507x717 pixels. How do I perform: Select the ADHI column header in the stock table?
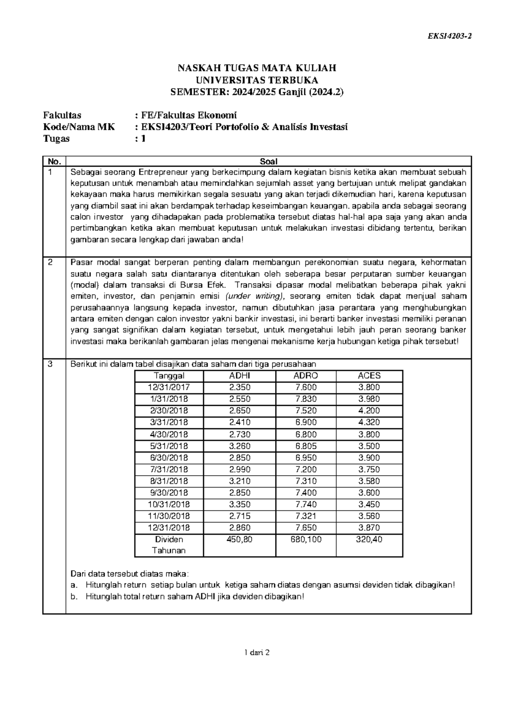click(x=240, y=375)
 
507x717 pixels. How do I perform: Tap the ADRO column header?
click(x=305, y=375)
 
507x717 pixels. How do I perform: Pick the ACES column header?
click(x=369, y=375)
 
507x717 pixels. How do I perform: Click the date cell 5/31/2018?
click(x=169, y=446)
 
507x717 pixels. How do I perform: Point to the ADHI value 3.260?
click(x=240, y=446)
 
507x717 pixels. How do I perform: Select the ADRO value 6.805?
click(x=305, y=446)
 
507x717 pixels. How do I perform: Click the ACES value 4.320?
click(x=369, y=422)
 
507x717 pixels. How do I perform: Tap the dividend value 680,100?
click(x=305, y=539)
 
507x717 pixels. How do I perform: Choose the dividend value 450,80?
click(x=240, y=539)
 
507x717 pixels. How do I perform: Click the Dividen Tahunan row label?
click(x=169, y=545)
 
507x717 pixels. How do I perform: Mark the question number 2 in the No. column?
click(x=50, y=262)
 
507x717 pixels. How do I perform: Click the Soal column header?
click(x=268, y=161)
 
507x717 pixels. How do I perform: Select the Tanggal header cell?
click(x=169, y=375)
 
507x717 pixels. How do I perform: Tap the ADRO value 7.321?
click(x=305, y=516)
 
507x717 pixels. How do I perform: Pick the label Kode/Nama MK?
click(x=79, y=127)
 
